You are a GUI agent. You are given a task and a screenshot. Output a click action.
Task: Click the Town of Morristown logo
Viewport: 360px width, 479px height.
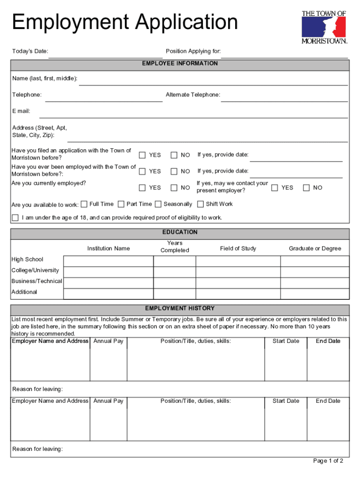[324, 27]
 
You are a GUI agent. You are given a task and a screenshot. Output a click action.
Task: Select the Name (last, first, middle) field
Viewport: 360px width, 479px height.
[213, 81]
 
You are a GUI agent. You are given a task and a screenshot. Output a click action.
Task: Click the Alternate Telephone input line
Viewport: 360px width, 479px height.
[284, 97]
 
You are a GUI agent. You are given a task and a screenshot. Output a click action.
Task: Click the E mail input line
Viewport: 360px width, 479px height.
[193, 114]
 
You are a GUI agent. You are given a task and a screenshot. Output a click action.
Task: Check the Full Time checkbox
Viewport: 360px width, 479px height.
[84, 204]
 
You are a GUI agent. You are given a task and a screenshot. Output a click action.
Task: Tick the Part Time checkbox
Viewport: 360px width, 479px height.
[121, 204]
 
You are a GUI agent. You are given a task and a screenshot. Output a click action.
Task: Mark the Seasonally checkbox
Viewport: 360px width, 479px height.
[158, 204]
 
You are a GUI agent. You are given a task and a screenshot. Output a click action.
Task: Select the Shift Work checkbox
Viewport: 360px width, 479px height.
[201, 204]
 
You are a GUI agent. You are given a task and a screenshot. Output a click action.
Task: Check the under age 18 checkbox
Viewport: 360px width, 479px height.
[15, 218]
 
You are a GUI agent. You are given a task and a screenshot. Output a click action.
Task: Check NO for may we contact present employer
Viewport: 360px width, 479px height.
[306, 188]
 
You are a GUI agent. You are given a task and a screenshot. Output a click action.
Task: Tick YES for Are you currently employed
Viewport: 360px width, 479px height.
[142, 188]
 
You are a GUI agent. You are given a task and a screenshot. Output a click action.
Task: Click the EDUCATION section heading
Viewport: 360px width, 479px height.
[180, 232]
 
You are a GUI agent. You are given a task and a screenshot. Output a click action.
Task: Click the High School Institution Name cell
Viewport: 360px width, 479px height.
[108, 261]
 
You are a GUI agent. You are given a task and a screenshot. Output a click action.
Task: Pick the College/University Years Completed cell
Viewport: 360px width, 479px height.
[174, 272]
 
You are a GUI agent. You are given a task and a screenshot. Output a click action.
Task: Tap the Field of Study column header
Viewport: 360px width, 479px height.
[238, 248]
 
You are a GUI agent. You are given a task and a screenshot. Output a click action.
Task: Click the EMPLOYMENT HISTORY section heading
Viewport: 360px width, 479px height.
[180, 309]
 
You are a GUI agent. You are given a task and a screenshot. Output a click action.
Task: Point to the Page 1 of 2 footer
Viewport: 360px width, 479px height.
[328, 461]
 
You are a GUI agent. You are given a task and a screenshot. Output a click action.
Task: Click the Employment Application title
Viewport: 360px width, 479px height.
[125, 22]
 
